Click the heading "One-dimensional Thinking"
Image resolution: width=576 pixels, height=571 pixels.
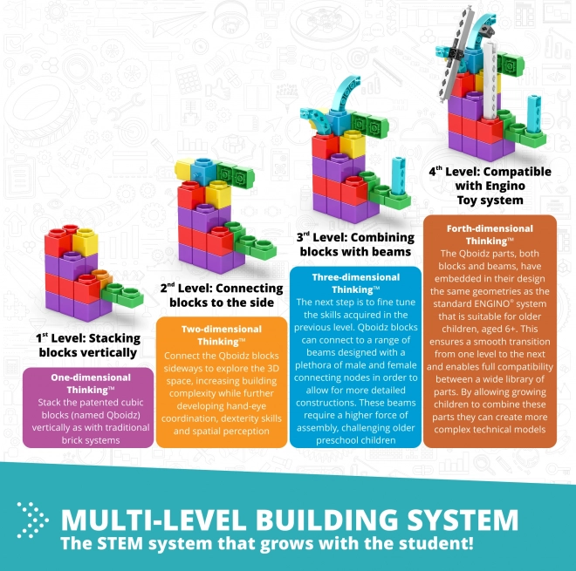click(x=91, y=384)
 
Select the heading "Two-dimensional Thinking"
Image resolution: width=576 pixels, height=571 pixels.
click(x=222, y=335)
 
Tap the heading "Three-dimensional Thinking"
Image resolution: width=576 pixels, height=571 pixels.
click(x=355, y=283)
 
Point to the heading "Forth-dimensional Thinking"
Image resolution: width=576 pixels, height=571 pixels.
click(x=490, y=235)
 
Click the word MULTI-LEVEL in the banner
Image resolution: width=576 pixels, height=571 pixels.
click(x=153, y=520)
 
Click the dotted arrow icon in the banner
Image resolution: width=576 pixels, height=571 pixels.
click(x=32, y=520)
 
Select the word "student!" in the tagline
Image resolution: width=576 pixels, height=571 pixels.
click(x=436, y=543)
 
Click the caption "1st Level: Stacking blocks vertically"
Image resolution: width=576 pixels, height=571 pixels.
click(x=88, y=345)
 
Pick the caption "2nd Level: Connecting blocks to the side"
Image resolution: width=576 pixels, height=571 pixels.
click(x=222, y=296)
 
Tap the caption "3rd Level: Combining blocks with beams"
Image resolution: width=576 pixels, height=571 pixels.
click(x=355, y=244)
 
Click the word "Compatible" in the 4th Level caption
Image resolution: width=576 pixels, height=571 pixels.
click(x=518, y=172)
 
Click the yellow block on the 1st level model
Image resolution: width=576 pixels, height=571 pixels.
click(x=85, y=241)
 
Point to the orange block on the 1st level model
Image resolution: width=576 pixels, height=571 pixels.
click(x=102, y=278)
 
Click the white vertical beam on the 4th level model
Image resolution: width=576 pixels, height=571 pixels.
click(x=490, y=81)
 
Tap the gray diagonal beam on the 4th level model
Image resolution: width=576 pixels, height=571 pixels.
click(x=456, y=54)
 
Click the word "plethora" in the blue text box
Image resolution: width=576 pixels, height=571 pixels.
click(x=310, y=365)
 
